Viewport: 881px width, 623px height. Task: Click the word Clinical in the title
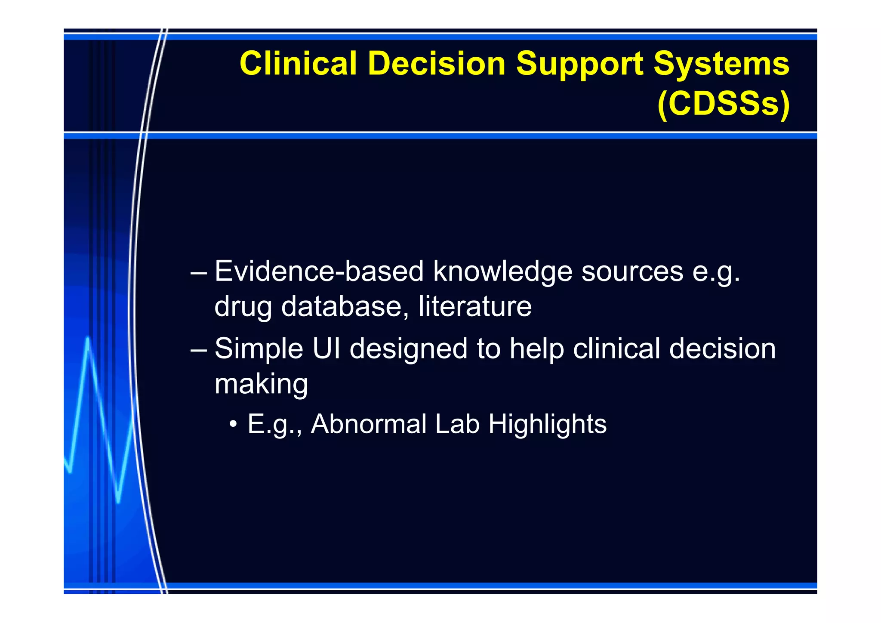[298, 64]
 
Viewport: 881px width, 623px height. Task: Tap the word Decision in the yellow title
[436, 64]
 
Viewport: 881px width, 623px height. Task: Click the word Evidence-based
[319, 271]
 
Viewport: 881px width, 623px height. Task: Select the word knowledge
[502, 272]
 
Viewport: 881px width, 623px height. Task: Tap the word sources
[632, 272]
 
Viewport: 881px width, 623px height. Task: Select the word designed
[408, 349]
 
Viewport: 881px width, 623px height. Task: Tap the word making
[261, 384]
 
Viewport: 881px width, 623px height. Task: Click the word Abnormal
[369, 424]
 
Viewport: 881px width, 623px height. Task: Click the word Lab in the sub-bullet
[457, 424]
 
